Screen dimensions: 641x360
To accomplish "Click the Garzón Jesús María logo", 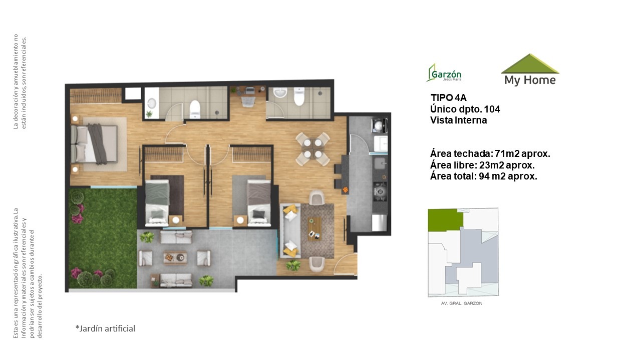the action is (444, 73).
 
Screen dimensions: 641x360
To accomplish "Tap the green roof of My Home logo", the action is (530, 64).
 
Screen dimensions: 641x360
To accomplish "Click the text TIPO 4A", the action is (448, 97).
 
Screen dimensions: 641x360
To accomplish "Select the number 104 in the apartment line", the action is (492, 109).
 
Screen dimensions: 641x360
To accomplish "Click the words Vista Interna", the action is (458, 120).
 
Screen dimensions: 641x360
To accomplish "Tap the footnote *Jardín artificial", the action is (105, 328).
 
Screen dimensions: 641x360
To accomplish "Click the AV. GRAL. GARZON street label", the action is (462, 303).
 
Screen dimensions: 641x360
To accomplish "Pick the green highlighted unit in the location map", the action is (445, 219).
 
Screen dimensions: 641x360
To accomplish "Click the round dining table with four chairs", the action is (313, 148).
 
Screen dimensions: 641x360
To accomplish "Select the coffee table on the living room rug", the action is (314, 228).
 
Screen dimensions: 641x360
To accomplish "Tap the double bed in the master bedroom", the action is (94, 144).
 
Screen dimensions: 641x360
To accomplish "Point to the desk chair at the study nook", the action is (248, 101).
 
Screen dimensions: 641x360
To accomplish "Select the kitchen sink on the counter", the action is (380, 164).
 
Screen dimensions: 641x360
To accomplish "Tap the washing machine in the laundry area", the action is (380, 125).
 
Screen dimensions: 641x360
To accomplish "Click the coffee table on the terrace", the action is (175, 257).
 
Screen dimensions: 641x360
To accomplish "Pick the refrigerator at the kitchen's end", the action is (379, 222).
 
